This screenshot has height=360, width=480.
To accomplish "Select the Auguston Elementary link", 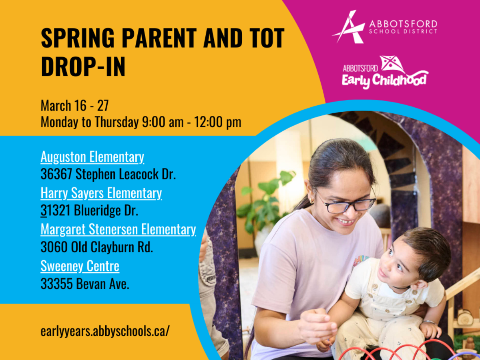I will coord(92,157).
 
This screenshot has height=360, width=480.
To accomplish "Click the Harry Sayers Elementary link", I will coord(101,193).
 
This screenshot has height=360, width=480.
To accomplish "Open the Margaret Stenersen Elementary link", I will coord(118,229).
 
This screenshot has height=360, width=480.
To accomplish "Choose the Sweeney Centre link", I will coord(80,266).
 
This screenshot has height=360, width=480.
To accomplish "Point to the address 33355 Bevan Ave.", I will coord(85,284).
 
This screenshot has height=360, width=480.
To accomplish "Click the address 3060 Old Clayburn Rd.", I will coord(96,248).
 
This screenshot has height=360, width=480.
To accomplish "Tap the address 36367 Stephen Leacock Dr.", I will coord(108,175).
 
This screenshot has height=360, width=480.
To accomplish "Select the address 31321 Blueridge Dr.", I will coord(89,211).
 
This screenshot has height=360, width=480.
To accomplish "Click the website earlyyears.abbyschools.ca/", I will coord(105,332).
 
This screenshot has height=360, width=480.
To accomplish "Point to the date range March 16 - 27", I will coord(74,106).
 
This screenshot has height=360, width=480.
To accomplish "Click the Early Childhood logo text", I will coord(384,79).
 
